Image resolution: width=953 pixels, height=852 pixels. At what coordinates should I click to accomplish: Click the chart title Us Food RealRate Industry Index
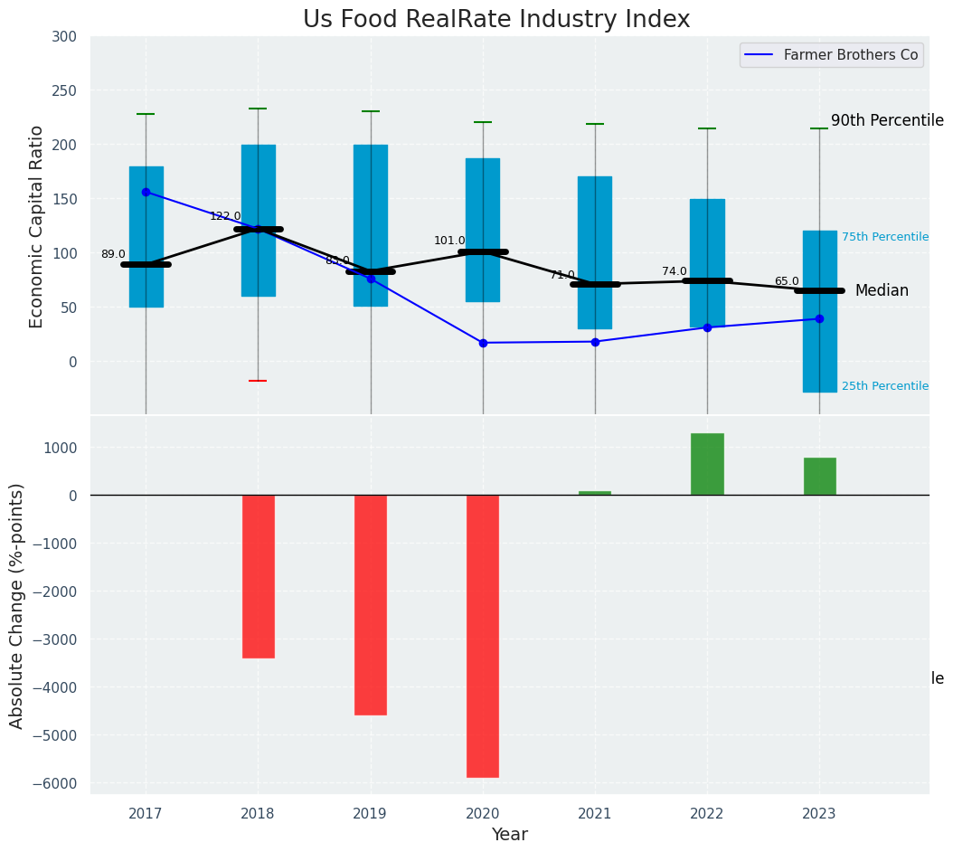(x=495, y=20)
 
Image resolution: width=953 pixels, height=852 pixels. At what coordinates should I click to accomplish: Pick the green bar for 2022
(x=707, y=464)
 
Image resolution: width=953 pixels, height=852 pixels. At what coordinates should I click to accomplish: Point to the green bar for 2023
(x=819, y=477)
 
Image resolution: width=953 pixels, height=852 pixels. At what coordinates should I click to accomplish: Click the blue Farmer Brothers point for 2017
(x=146, y=192)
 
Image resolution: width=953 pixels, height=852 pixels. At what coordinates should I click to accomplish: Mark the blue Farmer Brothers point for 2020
(x=483, y=343)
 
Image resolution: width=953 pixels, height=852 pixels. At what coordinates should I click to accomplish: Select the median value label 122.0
(x=225, y=216)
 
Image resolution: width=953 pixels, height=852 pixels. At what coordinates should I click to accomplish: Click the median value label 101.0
(x=449, y=241)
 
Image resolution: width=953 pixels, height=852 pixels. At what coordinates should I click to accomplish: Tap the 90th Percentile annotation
(x=887, y=120)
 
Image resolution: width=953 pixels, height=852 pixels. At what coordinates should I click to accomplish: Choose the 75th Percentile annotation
(x=884, y=237)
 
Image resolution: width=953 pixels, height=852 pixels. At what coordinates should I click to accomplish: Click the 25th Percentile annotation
(x=884, y=386)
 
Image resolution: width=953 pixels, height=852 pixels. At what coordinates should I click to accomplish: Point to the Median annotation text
(x=882, y=290)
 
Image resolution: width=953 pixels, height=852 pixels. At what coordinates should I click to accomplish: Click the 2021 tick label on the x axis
(x=595, y=814)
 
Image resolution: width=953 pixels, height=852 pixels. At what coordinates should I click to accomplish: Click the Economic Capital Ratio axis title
(x=37, y=226)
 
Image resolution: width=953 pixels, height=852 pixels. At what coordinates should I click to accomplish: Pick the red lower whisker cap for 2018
(x=258, y=381)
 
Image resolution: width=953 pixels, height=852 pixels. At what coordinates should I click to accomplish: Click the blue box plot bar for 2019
(x=371, y=225)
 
